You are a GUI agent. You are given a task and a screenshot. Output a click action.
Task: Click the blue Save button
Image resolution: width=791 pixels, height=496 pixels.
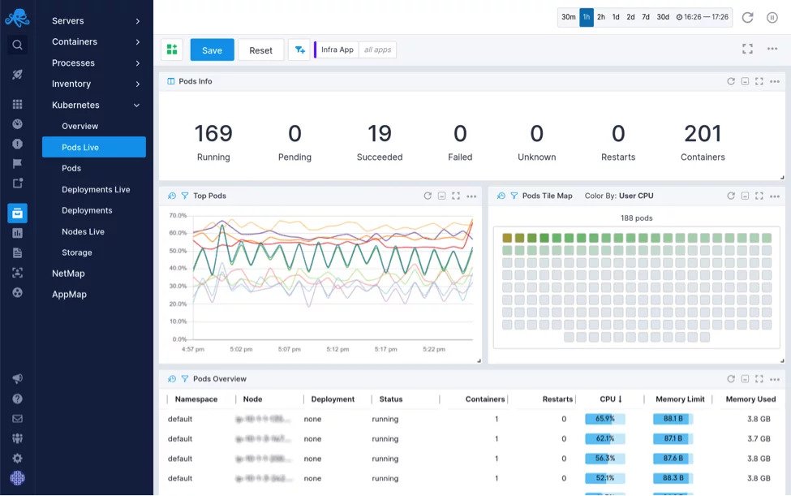point(212,50)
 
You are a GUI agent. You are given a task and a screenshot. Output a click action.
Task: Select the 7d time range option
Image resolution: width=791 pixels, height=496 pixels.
point(645,17)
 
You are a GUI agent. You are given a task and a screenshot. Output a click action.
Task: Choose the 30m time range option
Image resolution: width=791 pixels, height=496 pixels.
point(569,17)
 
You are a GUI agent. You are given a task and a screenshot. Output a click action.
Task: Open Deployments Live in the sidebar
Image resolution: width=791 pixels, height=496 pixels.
point(96,189)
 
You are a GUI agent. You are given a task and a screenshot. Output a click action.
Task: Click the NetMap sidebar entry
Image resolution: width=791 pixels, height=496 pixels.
point(68,274)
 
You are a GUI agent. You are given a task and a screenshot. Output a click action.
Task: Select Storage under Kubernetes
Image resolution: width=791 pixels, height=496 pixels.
point(77,252)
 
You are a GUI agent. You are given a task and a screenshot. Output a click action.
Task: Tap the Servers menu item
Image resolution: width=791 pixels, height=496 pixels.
point(67,20)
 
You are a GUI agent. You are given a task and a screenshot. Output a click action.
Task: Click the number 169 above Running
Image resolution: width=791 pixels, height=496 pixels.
point(213,133)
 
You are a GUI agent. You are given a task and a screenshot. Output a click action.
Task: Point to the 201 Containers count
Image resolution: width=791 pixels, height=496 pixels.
point(703,133)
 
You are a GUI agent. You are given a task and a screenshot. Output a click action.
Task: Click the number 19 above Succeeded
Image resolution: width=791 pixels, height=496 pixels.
point(379,133)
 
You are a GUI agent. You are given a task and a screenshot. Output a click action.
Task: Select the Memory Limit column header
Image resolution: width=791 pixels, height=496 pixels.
point(679,399)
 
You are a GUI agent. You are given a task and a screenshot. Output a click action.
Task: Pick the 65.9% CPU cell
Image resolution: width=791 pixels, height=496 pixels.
point(604,419)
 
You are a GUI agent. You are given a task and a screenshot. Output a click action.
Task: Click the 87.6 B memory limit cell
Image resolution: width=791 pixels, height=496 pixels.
point(673,459)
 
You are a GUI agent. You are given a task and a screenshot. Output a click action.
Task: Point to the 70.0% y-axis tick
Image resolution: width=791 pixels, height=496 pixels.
point(178,216)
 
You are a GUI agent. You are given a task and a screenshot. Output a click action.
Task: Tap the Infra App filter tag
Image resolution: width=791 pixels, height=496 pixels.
point(337,50)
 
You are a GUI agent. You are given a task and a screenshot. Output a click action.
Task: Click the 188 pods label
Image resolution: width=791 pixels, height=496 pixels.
point(636,218)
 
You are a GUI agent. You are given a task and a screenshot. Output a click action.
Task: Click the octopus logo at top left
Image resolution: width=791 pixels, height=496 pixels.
point(17,17)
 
